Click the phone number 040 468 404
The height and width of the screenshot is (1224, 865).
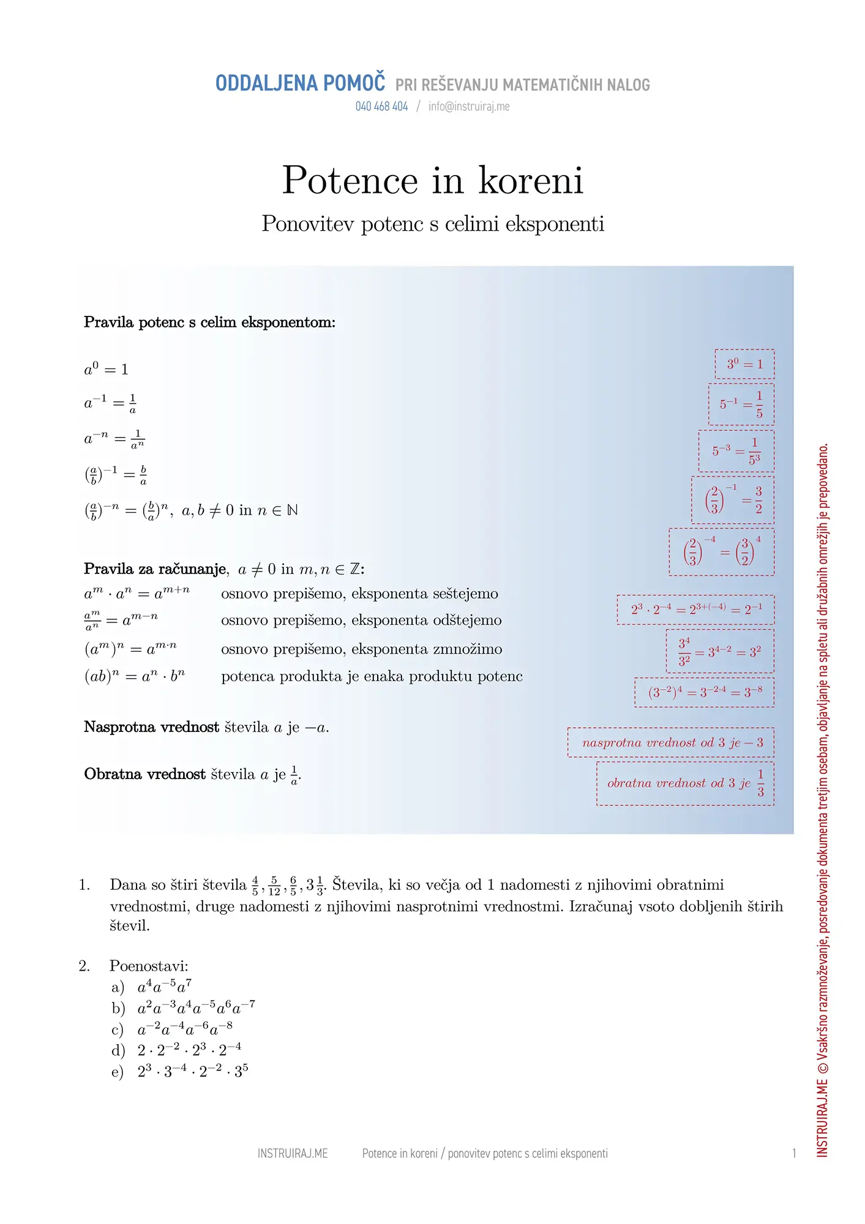[x=381, y=106]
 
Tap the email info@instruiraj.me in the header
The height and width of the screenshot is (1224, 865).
[x=469, y=106]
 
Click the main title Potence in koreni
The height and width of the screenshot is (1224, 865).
[x=432, y=181]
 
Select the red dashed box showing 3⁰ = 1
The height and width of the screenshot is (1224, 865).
[x=744, y=364]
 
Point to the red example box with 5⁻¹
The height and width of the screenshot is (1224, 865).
[x=741, y=405]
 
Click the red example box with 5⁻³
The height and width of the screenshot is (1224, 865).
[x=736, y=451]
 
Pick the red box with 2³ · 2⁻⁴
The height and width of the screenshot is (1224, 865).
[x=695, y=610]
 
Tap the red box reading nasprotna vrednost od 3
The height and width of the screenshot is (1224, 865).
[x=670, y=742]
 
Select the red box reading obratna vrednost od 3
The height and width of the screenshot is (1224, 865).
[x=685, y=783]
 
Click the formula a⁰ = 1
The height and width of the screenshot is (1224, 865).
[x=106, y=369]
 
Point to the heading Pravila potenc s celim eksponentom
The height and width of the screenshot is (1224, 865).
[x=209, y=323]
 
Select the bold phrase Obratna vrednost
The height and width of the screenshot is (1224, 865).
[x=144, y=774]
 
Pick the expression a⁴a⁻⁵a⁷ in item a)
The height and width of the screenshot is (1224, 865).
[x=164, y=987]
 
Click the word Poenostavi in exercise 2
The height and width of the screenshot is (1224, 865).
[x=149, y=966]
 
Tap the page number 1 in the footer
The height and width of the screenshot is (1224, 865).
[x=794, y=1154]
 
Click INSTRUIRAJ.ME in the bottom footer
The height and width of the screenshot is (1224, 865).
[x=293, y=1154]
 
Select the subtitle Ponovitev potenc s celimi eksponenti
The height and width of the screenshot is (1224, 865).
[x=433, y=224]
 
